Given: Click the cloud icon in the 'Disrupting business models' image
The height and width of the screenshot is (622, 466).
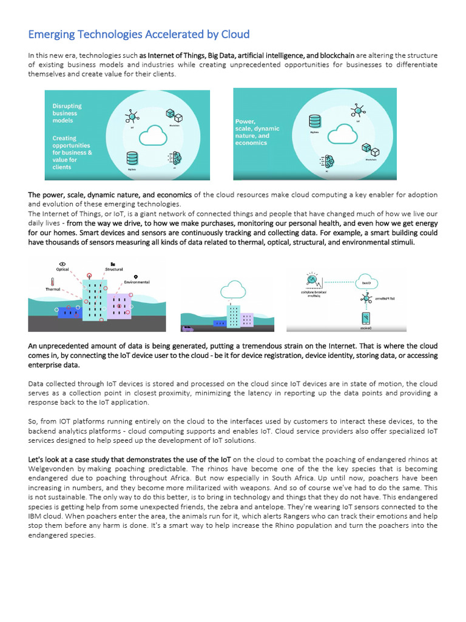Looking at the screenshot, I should [152, 135].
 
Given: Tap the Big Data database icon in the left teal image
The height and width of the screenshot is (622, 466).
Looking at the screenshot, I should [132, 159].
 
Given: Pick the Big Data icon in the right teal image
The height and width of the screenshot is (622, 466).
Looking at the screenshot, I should [314, 120].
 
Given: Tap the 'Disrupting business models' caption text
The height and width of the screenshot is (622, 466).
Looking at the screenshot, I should [67, 113].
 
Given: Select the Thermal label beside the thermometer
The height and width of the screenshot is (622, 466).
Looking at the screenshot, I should [53, 289].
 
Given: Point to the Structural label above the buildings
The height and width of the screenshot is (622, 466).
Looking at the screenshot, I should [113, 269].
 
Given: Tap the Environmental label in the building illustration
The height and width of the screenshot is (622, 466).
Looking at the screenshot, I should [137, 282].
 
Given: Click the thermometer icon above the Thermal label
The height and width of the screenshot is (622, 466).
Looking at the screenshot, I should [53, 281].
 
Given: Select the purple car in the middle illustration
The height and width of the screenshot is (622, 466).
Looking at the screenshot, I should [188, 329].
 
